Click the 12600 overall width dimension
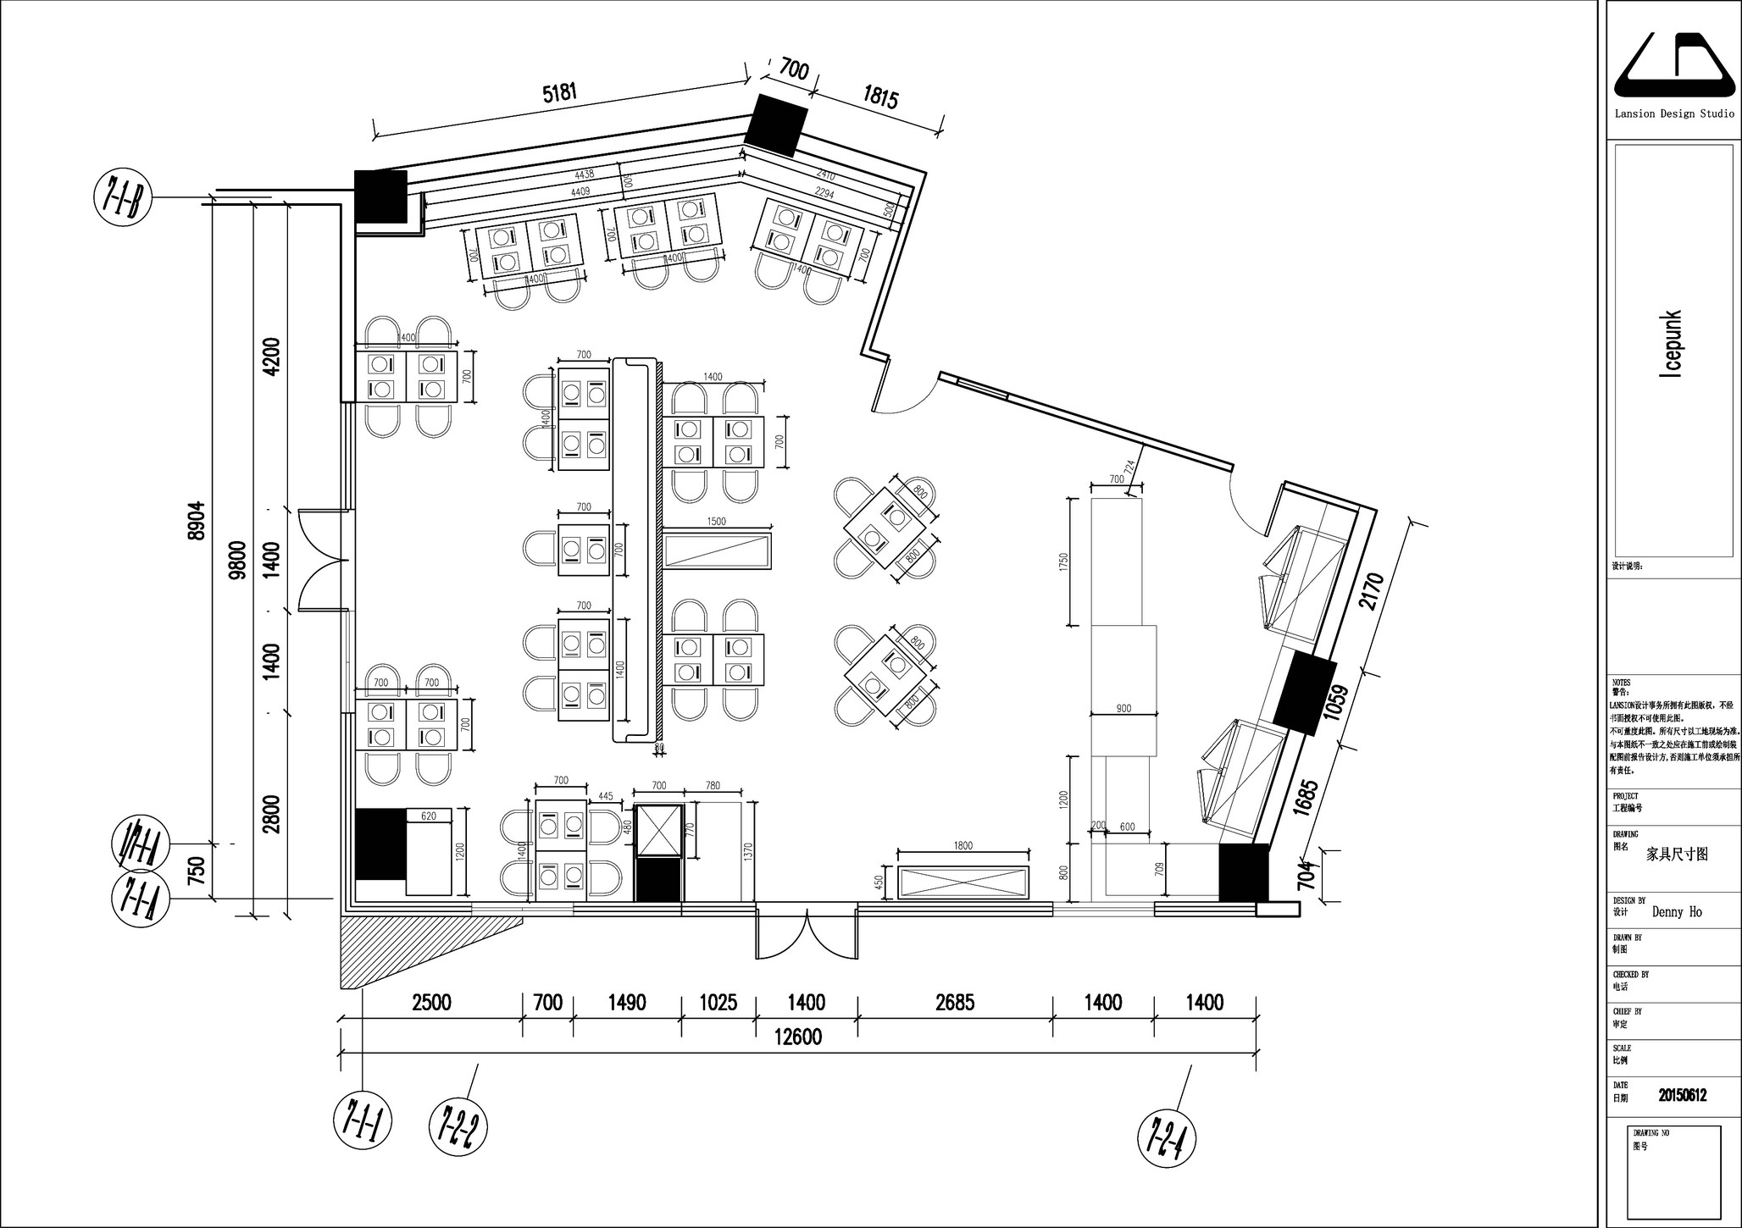point(797,1037)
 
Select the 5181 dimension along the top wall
point(559,92)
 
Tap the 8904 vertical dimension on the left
point(197,521)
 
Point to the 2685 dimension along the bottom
point(954,1003)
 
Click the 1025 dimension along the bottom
point(718,1003)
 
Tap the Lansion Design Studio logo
point(1673,67)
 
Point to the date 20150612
point(1682,1095)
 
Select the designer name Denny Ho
point(1676,912)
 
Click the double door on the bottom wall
point(806,932)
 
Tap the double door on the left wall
point(322,559)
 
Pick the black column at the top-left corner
point(380,196)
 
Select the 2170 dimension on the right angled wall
point(1371,590)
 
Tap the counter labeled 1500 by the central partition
point(717,550)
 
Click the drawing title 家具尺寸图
point(1676,854)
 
